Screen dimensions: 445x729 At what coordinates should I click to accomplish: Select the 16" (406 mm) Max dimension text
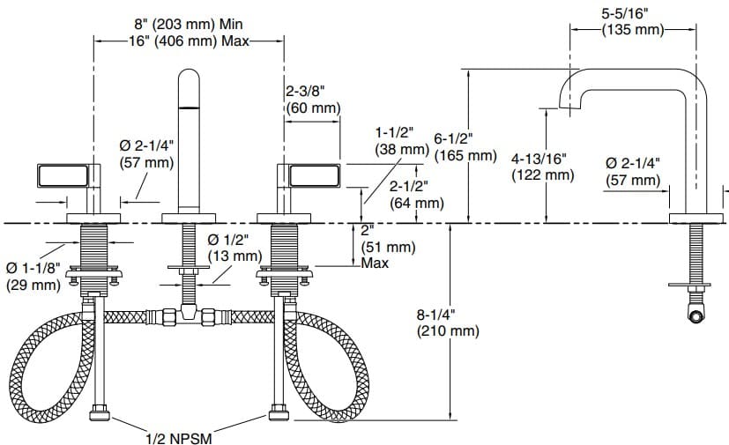pos(189,41)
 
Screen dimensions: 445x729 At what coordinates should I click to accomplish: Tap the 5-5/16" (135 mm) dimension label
pos(631,22)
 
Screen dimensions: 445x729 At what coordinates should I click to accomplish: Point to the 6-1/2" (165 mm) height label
pos(465,146)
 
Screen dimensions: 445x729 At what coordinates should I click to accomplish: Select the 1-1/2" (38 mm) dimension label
pos(400,142)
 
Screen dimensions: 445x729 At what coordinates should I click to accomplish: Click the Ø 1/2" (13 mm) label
pos(234,248)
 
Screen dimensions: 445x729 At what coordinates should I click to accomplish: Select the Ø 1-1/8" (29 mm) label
pos(33,276)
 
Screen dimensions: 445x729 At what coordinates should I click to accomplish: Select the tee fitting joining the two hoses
pos(187,313)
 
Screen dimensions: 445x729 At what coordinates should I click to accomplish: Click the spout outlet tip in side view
pos(569,104)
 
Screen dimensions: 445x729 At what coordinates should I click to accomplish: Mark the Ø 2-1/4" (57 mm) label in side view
pos(634,172)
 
